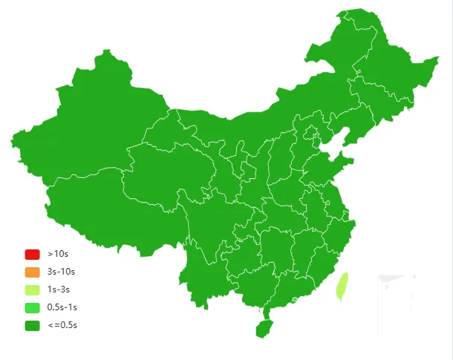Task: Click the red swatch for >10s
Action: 32,254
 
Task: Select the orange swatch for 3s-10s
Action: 32,272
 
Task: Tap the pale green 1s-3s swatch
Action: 32,289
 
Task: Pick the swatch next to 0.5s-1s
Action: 32,307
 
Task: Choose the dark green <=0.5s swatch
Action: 32,325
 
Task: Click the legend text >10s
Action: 58,254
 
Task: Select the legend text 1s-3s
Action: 59,289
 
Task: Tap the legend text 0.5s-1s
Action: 62,307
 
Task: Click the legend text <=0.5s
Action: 62,325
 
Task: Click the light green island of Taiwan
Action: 342,286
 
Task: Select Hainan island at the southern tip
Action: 264,327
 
